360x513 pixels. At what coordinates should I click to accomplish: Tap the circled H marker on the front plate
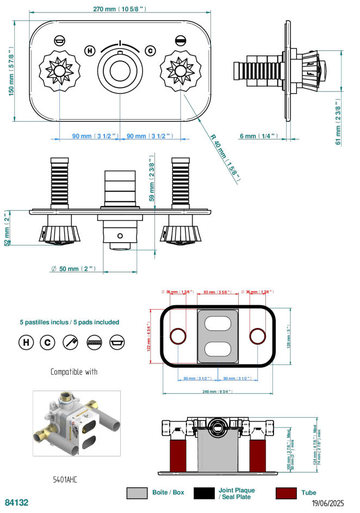90,51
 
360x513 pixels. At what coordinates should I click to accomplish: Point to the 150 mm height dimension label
11,71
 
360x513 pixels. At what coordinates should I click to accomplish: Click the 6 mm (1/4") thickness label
258,136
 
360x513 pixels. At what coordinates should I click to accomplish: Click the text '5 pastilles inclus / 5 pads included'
69,322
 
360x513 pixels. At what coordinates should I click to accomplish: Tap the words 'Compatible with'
74,372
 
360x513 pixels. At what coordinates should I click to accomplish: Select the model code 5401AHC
65,479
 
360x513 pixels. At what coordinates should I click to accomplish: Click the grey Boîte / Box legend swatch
137,493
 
